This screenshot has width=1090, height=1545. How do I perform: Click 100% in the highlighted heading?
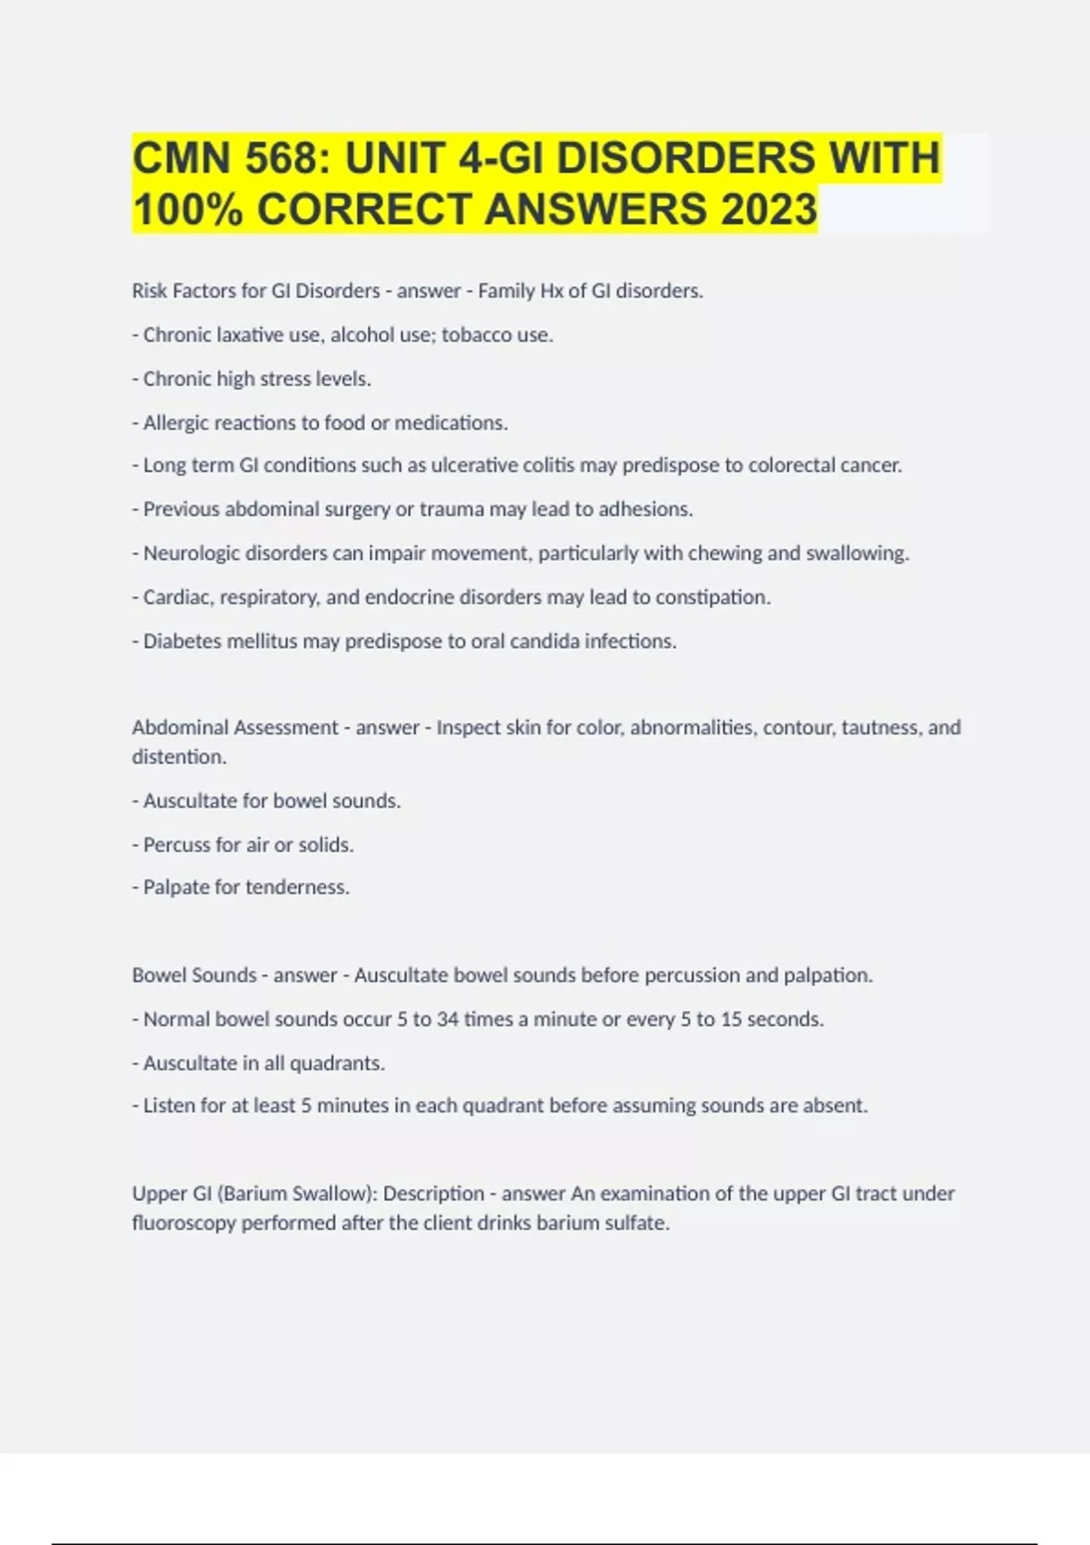(188, 209)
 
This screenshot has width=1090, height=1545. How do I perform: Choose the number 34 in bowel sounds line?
(448, 1020)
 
